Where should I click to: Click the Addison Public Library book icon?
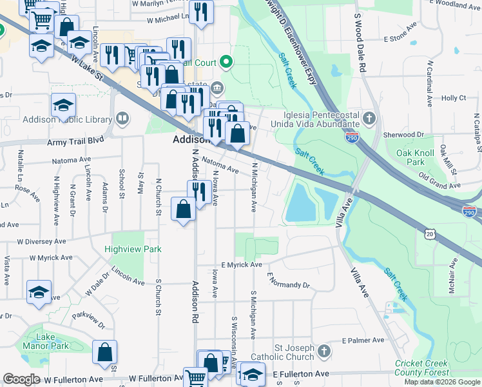coord(122,118)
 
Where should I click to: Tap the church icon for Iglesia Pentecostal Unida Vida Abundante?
coord(369,118)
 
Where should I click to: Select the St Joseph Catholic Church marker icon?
coord(323,352)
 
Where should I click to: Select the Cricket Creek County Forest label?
coord(422,368)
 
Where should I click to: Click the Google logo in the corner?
coord(21,379)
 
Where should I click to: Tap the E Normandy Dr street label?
coord(288,281)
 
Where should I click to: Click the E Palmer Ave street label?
coord(363,340)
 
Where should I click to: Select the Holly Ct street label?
coord(453,98)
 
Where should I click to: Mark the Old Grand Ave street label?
coord(439,180)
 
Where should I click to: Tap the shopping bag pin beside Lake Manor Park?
coord(105,353)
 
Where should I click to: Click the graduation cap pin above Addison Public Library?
coord(64,104)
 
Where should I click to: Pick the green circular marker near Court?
coord(226,63)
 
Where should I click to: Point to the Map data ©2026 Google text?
coord(441,382)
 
